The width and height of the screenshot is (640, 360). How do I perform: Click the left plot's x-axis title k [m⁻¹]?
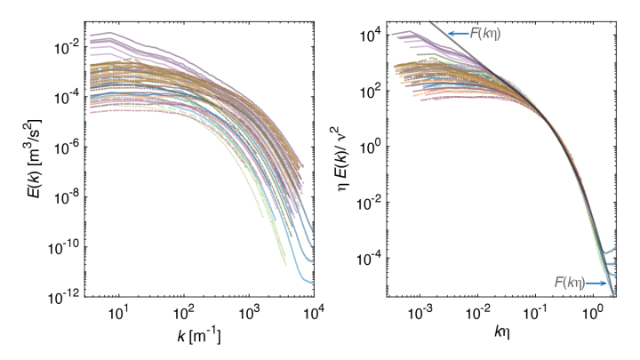tap(184, 339)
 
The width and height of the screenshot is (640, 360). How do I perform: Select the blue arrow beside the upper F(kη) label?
tap(459, 34)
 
